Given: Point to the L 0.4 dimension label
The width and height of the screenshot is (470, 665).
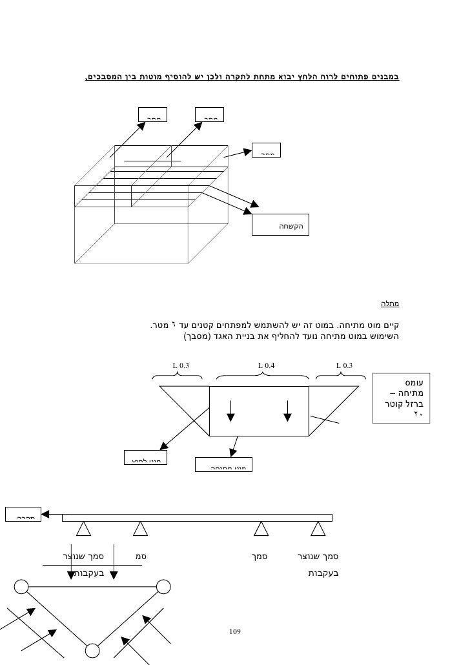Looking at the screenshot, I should pyautogui.click(x=267, y=365).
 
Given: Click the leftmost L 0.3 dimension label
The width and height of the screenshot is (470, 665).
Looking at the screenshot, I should pyautogui.click(x=181, y=365).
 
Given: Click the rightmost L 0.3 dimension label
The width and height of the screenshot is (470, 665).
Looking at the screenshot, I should pyautogui.click(x=344, y=365).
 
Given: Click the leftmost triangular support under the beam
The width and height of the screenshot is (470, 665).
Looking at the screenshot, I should pyautogui.click(x=83, y=529).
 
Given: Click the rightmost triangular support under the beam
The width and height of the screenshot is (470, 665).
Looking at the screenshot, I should pyautogui.click(x=317, y=529).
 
